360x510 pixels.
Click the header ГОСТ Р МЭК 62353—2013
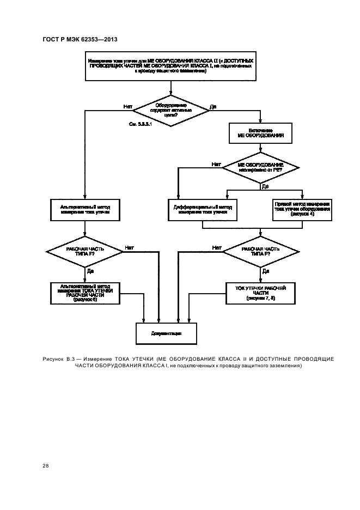point(80,40)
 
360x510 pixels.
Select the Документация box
point(167,332)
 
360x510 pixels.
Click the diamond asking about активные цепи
point(171,111)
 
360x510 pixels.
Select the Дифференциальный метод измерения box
point(203,208)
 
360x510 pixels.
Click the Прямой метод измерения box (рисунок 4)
point(302,208)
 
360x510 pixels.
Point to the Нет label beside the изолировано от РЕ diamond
point(216,163)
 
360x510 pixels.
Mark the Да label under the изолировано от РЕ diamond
point(265,186)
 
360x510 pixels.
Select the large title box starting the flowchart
point(171,65)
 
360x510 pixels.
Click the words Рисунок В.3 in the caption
point(56,359)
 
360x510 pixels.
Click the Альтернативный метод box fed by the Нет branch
point(84,208)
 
